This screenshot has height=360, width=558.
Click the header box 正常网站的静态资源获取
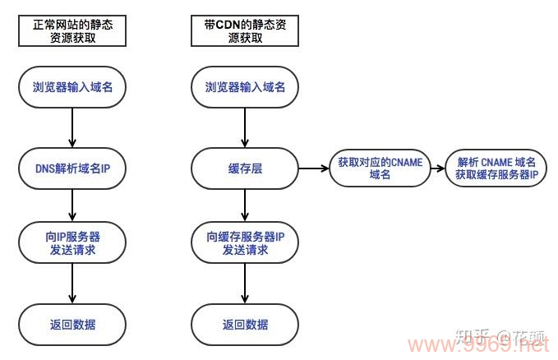[x=72, y=32]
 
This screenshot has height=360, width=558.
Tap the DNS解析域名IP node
[x=72, y=169]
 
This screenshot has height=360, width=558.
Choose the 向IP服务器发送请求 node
[x=72, y=242]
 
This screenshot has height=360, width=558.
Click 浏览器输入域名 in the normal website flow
[x=72, y=87]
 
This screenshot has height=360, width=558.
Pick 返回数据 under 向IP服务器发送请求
[x=72, y=324]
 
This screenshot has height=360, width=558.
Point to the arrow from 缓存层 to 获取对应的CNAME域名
[x=312, y=169]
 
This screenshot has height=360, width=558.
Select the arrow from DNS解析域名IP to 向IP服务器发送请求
[x=72, y=205]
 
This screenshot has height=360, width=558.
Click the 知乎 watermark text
[x=469, y=335]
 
